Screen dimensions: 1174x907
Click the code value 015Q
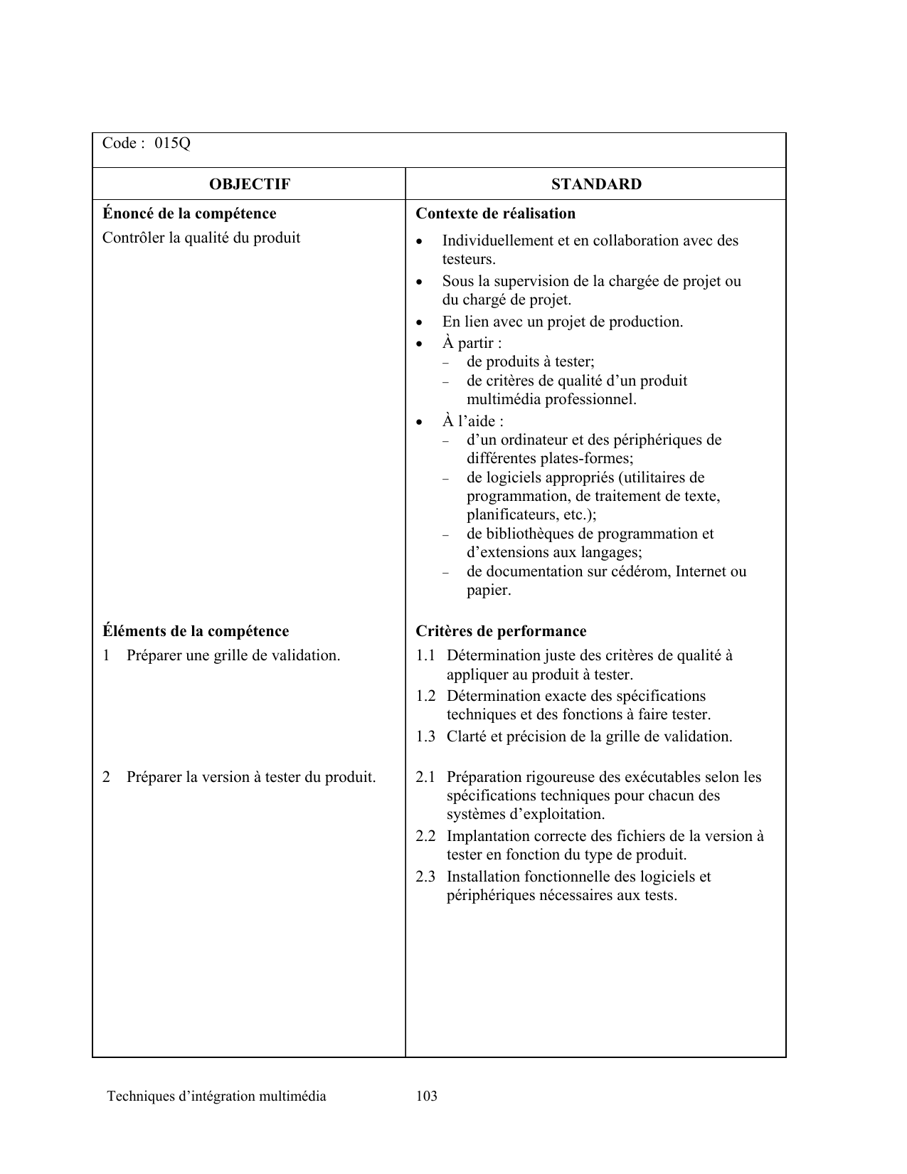[x=173, y=144]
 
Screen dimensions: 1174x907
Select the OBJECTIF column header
[x=250, y=184]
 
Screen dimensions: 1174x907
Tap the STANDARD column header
[x=596, y=184]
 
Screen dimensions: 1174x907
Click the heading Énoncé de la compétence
[x=189, y=213]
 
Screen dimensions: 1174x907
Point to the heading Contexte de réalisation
[x=495, y=213]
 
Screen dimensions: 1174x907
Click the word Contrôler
[x=134, y=238]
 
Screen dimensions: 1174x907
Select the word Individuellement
[x=497, y=240]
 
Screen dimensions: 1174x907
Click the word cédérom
[x=642, y=571]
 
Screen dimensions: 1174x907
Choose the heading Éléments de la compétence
[x=196, y=631]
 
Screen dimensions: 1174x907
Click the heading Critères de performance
[x=501, y=631]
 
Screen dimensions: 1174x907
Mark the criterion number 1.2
[x=425, y=696]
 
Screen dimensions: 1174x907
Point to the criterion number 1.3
[x=425, y=736]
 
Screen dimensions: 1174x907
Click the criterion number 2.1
[x=425, y=777]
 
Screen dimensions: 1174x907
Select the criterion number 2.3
[x=425, y=877]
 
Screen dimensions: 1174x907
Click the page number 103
[x=427, y=1096]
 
